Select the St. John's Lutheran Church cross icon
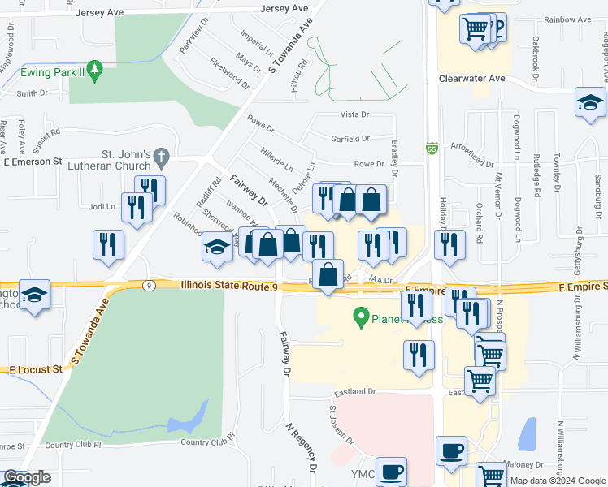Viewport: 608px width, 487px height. click(x=162, y=154)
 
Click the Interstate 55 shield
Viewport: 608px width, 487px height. click(x=432, y=149)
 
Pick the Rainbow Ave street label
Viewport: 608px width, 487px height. click(x=568, y=19)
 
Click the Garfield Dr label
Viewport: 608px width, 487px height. click(x=350, y=139)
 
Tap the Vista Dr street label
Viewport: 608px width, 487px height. click(x=354, y=115)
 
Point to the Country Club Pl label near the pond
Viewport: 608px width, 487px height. click(x=206, y=442)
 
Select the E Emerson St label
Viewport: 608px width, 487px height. click(x=33, y=162)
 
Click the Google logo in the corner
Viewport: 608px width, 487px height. click(x=27, y=478)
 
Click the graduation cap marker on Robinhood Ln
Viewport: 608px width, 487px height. click(x=217, y=248)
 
